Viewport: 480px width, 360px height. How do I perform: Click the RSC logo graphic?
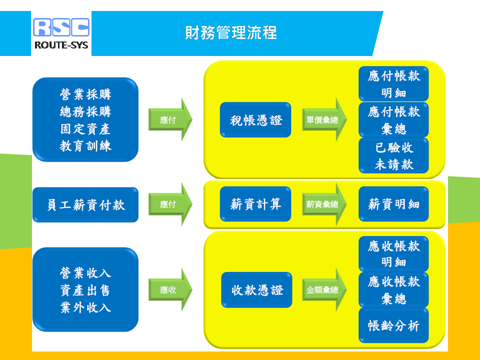(61, 27)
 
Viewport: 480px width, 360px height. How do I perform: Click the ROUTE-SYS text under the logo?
(61, 45)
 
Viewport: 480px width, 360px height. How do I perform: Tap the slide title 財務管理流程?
(231, 33)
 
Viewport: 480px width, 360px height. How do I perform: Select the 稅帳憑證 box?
(255, 120)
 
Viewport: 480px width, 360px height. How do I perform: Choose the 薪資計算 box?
(255, 204)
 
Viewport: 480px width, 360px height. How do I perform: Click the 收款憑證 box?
(257, 290)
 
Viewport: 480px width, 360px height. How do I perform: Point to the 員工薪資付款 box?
(85, 205)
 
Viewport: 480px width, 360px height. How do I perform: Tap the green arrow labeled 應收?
(170, 290)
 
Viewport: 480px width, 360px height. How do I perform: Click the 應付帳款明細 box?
(393, 84)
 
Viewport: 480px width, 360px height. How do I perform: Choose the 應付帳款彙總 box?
(393, 120)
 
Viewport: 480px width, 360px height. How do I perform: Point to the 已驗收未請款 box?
(393, 156)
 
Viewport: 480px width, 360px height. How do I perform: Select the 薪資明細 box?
(393, 204)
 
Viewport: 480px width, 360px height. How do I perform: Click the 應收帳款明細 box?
(393, 254)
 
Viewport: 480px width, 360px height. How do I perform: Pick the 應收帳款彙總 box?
(393, 290)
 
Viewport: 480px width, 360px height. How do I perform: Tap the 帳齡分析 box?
(393, 325)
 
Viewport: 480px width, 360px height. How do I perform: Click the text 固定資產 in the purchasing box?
(85, 128)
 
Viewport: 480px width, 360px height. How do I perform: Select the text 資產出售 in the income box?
(85, 290)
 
